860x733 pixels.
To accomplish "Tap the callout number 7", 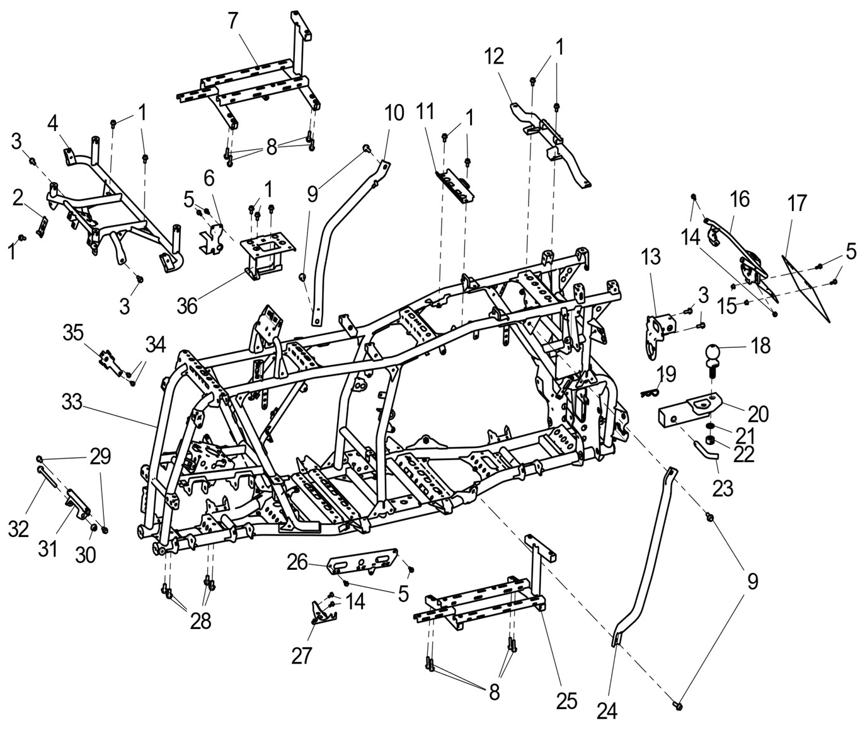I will (x=234, y=20).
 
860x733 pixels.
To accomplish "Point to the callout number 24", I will (x=607, y=710).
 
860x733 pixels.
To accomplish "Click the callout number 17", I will (x=797, y=204).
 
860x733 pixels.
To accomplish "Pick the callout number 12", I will (x=495, y=57).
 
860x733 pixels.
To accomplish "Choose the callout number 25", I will (x=567, y=700).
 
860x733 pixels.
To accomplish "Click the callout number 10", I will (x=394, y=113).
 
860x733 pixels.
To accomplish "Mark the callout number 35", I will (x=74, y=332).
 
